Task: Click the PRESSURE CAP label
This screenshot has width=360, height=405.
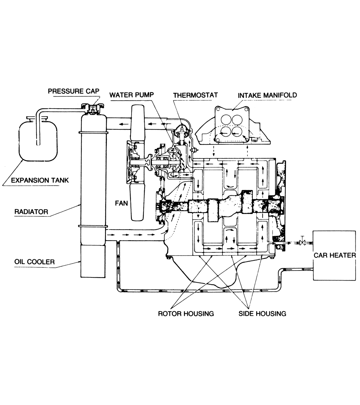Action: tap(73, 91)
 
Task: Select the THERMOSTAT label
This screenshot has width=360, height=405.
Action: tap(195, 95)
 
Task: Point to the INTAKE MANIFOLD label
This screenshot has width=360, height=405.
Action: tap(267, 95)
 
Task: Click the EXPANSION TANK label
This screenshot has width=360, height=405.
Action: tap(40, 180)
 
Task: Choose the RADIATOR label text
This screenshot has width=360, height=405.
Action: tap(31, 212)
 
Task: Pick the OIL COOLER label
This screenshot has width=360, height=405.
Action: tap(34, 261)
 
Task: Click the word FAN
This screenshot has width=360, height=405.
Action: tap(121, 203)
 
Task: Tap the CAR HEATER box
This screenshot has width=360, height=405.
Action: tap(334, 255)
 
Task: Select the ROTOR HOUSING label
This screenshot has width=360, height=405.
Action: tap(186, 313)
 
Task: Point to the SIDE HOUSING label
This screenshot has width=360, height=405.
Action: tap(262, 313)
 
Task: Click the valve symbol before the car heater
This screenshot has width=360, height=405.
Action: tap(302, 242)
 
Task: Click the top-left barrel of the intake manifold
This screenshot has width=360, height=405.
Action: tap(226, 119)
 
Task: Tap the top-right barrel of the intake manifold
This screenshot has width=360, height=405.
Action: tap(238, 119)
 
